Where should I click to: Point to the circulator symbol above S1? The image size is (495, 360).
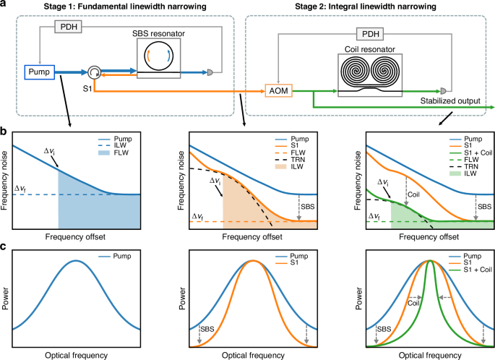coord(93,72)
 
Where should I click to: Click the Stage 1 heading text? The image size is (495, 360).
coord(117,7)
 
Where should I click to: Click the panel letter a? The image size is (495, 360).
coord(4,5)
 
